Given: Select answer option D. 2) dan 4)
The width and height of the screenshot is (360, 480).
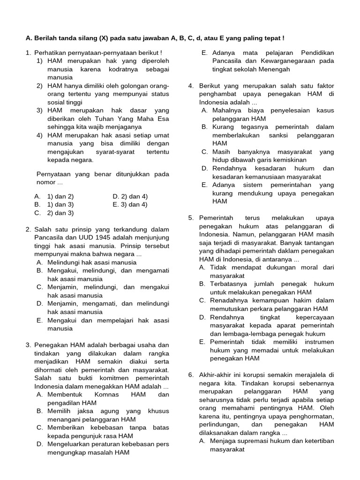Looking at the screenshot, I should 130,196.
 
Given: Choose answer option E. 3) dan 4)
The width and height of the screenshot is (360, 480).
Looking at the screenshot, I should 130,204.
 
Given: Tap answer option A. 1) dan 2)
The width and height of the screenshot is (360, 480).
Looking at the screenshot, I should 54,196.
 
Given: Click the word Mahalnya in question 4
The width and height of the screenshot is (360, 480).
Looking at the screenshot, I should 226,111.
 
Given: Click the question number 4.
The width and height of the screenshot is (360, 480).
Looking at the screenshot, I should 191,86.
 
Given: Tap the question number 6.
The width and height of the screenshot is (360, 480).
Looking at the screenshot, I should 191,375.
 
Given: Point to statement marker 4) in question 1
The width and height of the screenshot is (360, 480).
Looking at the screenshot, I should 40,135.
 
